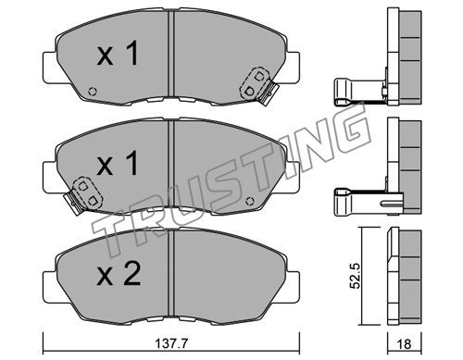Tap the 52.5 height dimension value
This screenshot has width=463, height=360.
355,276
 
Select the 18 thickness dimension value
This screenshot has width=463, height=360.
403,344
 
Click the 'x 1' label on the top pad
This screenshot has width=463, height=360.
118,54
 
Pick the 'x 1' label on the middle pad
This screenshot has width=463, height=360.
118,165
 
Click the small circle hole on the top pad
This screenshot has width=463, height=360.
93,92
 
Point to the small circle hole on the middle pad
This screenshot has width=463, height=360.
249,201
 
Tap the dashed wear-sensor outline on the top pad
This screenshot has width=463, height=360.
255,83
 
